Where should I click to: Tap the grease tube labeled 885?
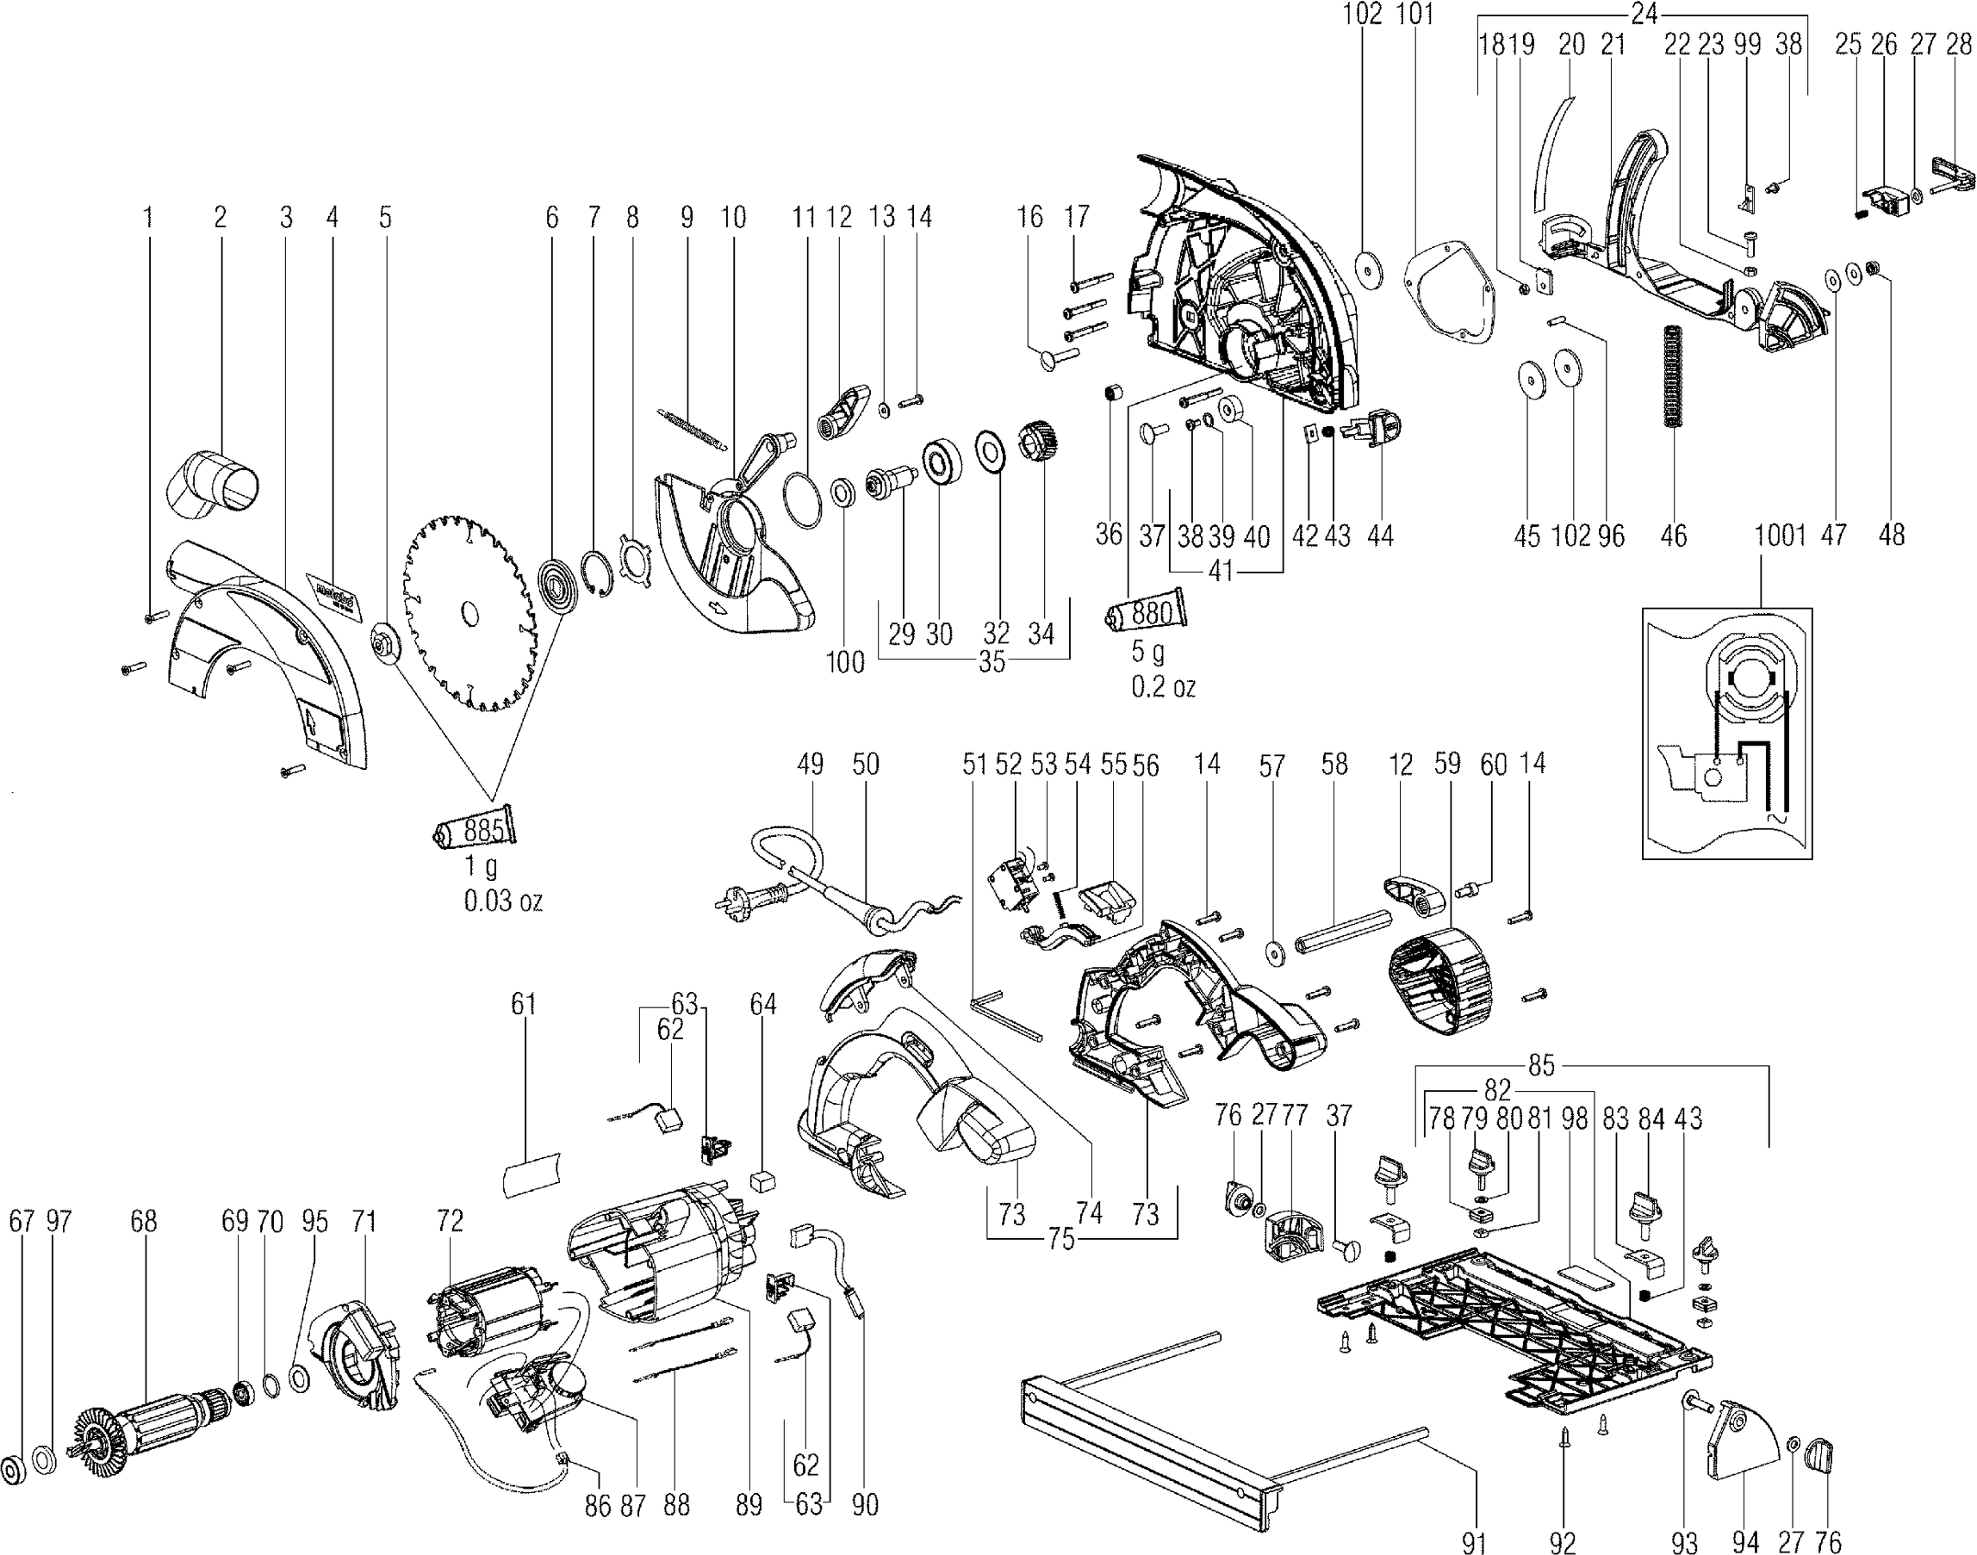pos(475,828)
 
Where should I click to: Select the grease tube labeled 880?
pos(1147,613)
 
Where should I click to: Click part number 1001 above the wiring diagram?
pos(1780,535)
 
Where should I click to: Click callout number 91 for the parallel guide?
pos(1473,1541)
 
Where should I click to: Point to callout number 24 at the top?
pos(1643,15)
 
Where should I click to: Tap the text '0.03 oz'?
pos(504,901)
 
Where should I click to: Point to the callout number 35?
pos(991,662)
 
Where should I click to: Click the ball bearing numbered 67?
pos(15,1470)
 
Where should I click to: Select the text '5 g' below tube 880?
pos(1147,652)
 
